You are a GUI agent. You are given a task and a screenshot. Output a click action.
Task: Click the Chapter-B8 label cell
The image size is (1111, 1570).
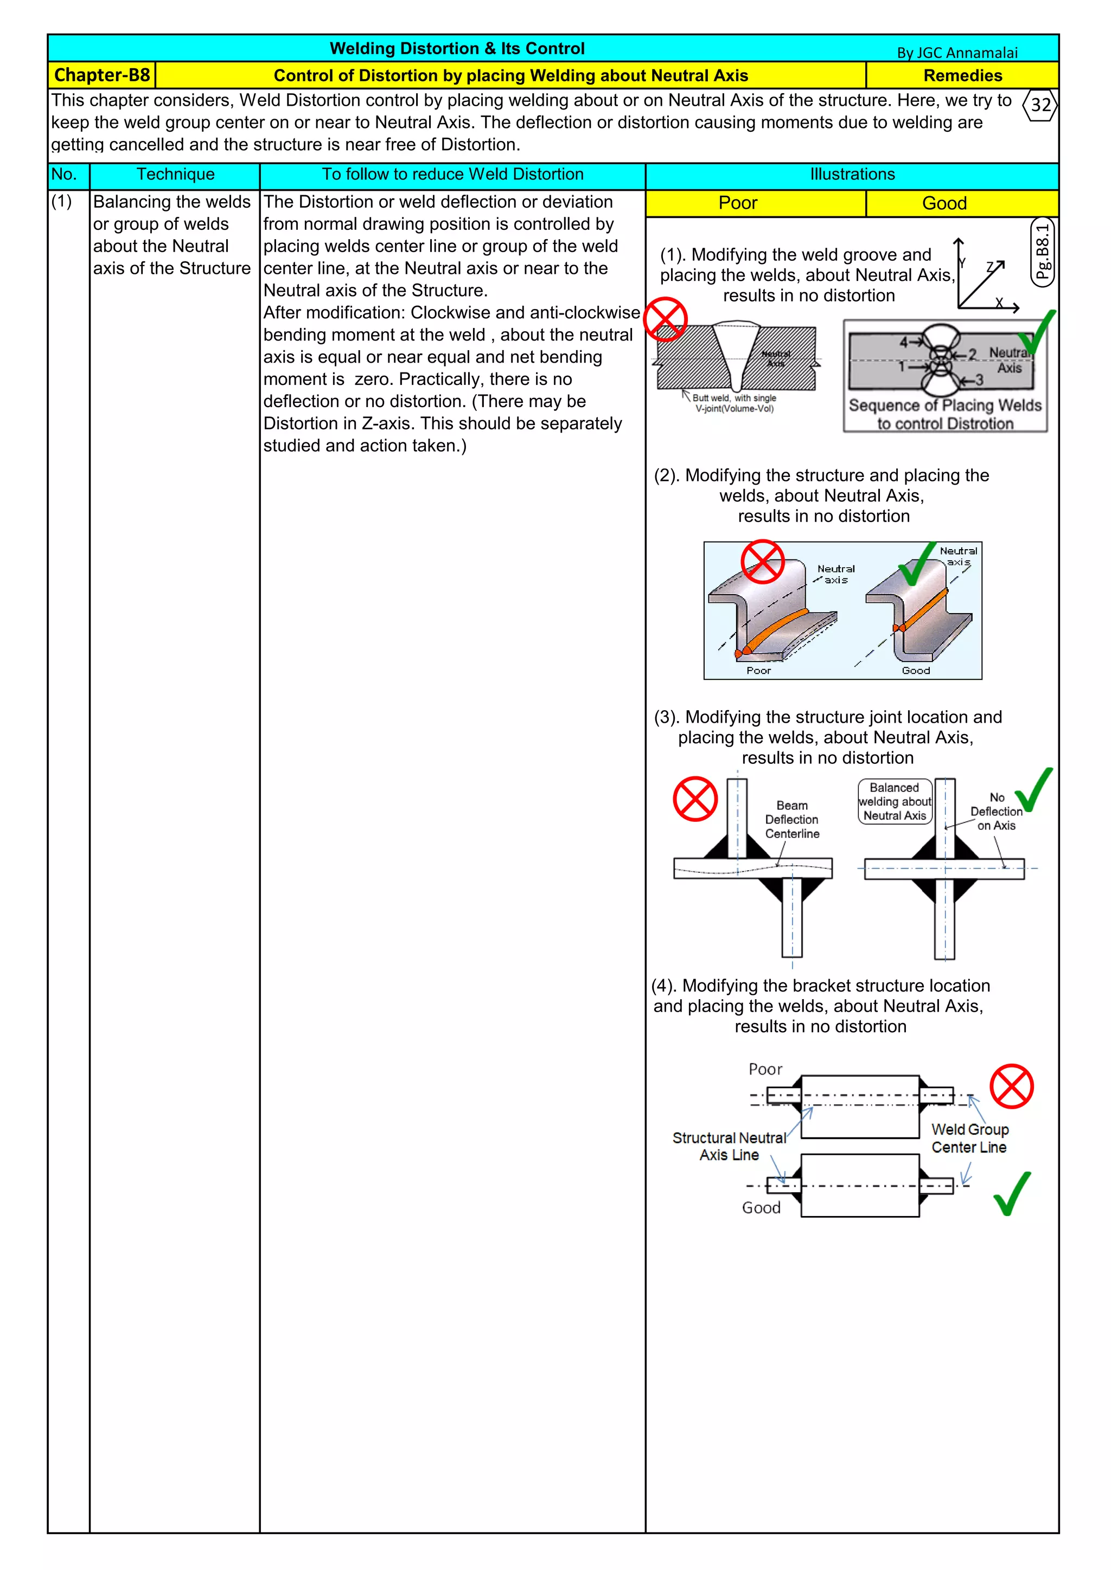[102, 75]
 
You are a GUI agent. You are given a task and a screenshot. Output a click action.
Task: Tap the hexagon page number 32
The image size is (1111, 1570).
[1040, 105]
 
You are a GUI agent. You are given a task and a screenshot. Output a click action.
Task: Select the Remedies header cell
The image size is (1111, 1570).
[962, 75]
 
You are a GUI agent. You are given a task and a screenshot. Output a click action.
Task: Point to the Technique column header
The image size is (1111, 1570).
[175, 175]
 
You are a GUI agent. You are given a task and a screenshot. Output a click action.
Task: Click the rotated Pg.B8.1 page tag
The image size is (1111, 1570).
[1042, 252]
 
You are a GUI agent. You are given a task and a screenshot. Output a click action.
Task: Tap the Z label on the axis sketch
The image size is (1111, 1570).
[990, 267]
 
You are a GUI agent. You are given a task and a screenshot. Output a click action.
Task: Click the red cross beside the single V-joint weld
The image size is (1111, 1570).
[665, 319]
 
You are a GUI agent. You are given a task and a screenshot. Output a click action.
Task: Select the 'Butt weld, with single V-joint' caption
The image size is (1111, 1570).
[734, 403]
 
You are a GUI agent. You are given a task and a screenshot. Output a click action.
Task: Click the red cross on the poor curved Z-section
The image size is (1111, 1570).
[762, 562]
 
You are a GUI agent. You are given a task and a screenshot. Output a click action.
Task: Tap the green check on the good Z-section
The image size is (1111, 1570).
[917, 564]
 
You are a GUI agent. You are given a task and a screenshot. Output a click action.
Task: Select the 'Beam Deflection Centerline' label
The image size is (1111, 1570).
[791, 819]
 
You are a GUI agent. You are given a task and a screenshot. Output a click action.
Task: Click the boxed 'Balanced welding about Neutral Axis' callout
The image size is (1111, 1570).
[894, 801]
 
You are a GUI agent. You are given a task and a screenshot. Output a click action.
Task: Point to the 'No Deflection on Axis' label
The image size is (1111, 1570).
[996, 812]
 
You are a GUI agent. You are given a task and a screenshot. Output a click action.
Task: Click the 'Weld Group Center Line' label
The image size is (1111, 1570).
[969, 1138]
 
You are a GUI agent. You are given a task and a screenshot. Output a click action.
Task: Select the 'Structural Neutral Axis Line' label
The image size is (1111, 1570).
[729, 1146]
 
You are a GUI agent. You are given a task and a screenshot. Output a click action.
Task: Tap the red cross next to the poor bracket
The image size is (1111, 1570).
[1011, 1086]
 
